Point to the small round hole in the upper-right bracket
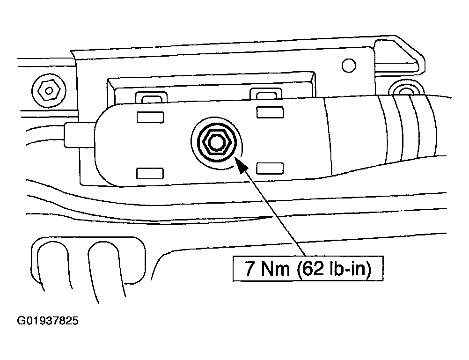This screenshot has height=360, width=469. pyautogui.click(x=349, y=65)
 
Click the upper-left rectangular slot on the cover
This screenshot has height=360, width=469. pyautogui.click(x=150, y=117)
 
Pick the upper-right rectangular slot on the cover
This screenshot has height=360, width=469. pyautogui.click(x=270, y=112)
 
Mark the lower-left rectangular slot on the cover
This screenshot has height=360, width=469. pyautogui.click(x=150, y=173)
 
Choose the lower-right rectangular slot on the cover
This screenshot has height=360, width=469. pyautogui.click(x=270, y=168)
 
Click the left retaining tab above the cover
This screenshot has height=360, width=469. pyautogui.click(x=151, y=97)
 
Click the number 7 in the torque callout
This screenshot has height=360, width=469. pyautogui.click(x=249, y=270)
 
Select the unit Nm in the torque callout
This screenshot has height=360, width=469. pyautogui.click(x=274, y=270)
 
